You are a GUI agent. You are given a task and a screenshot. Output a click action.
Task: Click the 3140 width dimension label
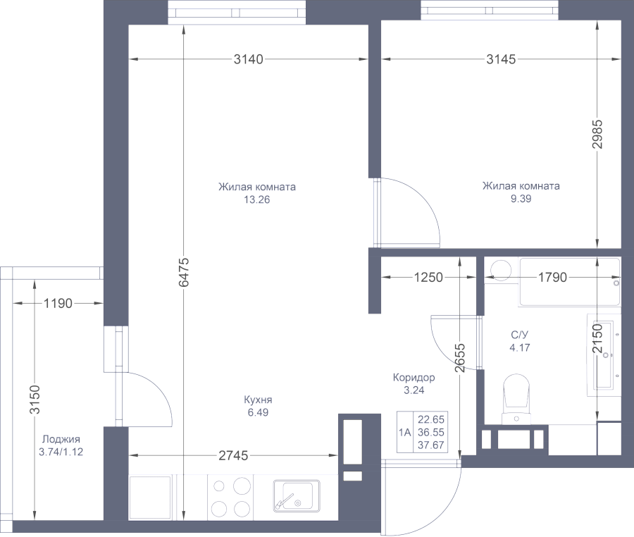(x=248, y=60)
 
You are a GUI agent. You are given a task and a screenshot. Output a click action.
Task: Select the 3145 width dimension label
(x=501, y=60)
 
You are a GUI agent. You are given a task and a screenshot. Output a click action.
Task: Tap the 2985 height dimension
(x=597, y=133)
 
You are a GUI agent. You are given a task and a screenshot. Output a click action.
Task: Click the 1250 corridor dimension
(x=428, y=278)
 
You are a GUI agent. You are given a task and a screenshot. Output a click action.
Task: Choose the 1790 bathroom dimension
(x=552, y=278)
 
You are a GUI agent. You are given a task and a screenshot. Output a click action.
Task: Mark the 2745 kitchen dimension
(x=232, y=456)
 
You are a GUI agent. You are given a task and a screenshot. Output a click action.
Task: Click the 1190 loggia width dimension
(x=58, y=304)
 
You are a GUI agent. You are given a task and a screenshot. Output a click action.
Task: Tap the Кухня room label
(x=258, y=400)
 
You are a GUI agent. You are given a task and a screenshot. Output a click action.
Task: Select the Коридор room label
(x=414, y=378)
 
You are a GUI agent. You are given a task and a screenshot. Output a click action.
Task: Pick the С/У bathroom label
(x=520, y=335)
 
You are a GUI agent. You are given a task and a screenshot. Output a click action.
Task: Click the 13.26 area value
(x=257, y=199)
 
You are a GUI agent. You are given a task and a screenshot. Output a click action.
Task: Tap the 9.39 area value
(x=521, y=199)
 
